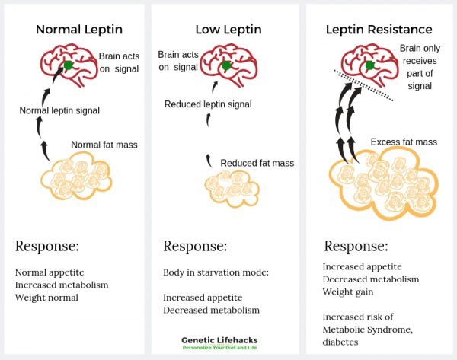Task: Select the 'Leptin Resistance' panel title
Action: pyautogui.click(x=379, y=30)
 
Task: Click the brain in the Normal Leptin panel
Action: pyautogui.click(x=71, y=65)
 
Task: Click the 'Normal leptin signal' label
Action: pyautogui.click(x=59, y=111)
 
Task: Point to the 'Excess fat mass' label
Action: pyautogui.click(x=404, y=142)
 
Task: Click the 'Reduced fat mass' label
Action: pyautogui.click(x=257, y=163)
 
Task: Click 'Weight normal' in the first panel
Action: pyautogui.click(x=46, y=297)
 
